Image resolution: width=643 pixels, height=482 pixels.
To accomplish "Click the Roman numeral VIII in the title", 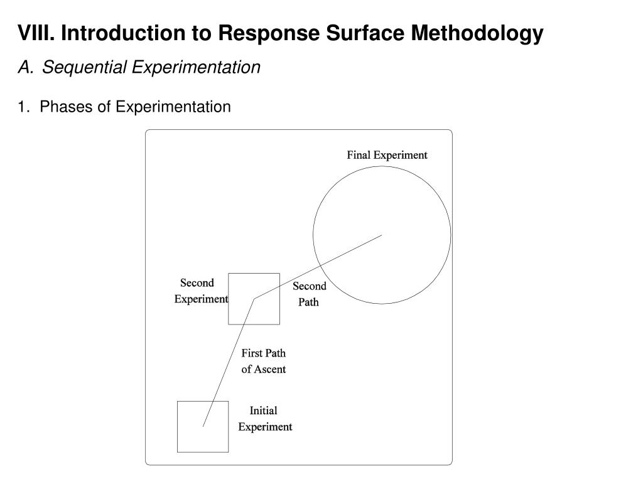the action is point(36,33).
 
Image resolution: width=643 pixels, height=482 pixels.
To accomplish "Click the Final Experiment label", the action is point(387,155).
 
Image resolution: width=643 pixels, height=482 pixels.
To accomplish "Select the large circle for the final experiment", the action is point(313,235).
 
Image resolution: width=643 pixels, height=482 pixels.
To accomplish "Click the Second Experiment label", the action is point(201,291).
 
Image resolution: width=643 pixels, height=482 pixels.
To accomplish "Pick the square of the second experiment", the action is point(229,299).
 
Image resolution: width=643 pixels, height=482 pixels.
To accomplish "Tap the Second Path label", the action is point(309,294).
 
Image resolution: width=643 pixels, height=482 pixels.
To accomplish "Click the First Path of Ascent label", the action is point(263,361).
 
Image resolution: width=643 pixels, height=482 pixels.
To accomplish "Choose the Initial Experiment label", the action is point(265,419).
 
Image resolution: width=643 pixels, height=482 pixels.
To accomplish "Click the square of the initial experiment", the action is point(177,427).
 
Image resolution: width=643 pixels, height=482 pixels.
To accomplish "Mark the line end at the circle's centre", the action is point(382,235).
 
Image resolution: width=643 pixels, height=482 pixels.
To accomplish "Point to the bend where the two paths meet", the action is point(254,299).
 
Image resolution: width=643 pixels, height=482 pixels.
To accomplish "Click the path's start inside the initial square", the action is point(203,427).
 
